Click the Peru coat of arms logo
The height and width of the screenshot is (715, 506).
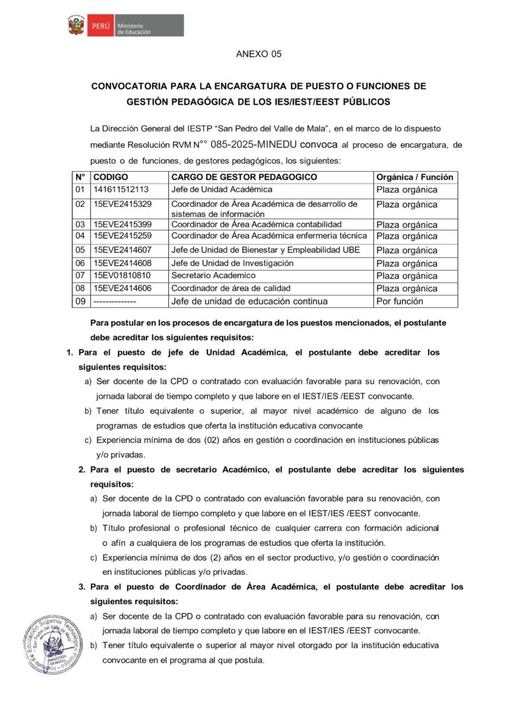click(x=75, y=27)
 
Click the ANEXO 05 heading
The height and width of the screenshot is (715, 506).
click(x=258, y=54)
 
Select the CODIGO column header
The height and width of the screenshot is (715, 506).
click(x=110, y=177)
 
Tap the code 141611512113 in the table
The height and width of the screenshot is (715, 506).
click(x=121, y=189)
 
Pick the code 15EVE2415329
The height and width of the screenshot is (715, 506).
click(x=122, y=205)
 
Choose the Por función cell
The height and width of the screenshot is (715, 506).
click(x=399, y=302)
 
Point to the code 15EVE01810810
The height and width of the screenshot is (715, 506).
click(x=122, y=276)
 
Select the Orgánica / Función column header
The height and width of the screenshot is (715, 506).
click(x=415, y=177)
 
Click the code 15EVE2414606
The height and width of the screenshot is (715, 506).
click(x=122, y=288)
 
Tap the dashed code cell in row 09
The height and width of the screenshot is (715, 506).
click(x=114, y=302)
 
